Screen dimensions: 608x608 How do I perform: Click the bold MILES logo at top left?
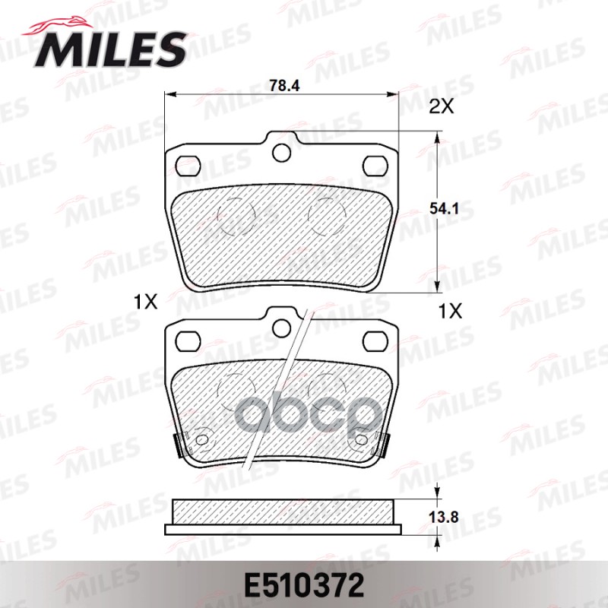(x=109, y=50)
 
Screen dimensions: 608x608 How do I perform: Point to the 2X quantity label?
(x=442, y=106)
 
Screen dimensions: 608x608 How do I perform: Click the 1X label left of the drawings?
(x=145, y=302)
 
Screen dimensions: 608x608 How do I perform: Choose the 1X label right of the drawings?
(x=450, y=311)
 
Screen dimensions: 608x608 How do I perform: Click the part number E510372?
(x=304, y=585)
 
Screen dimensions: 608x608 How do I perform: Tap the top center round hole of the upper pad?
(x=281, y=153)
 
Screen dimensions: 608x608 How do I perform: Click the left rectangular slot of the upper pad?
(x=188, y=166)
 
